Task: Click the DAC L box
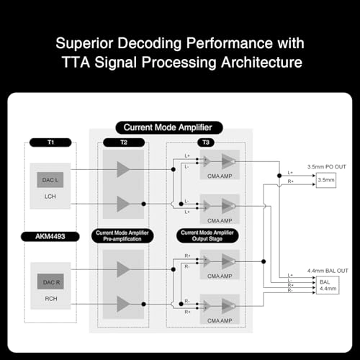[x=49, y=178]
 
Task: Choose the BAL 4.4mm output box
[x=325, y=285]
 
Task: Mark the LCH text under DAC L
[x=49, y=196]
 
